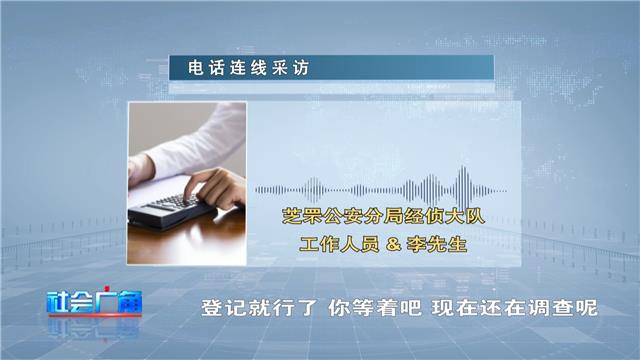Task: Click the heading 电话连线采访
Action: pos(249,68)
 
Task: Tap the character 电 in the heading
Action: pos(196,68)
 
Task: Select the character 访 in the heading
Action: pos(301,68)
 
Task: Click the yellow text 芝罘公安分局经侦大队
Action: pos(383,216)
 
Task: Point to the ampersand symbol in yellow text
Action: pos(393,244)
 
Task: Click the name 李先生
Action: pos(437,244)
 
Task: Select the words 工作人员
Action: pos(340,244)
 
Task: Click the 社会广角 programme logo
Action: pos(95,303)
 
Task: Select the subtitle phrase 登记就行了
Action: pos(259,308)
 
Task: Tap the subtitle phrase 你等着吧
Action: pos(374,308)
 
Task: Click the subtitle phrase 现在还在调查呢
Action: pos(515,308)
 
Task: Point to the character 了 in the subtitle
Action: pos(306,308)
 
